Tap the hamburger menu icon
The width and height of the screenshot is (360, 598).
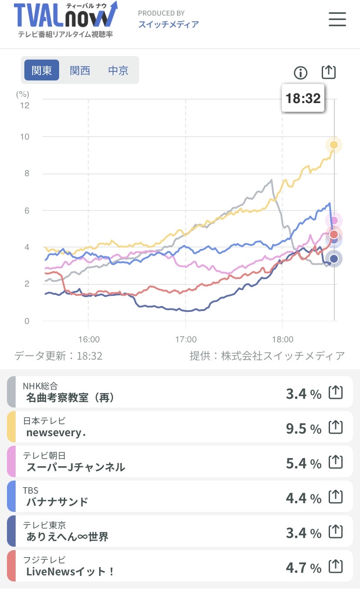tap(337, 19)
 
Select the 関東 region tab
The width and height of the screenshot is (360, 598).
tap(42, 70)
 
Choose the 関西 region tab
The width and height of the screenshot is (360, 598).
tap(80, 70)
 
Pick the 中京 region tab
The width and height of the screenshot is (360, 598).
tap(118, 70)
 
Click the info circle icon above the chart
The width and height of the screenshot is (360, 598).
tap(300, 73)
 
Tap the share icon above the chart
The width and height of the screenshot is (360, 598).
tap(329, 72)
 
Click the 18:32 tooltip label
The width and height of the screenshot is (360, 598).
tap(303, 98)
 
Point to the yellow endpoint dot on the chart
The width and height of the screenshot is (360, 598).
tap(334, 145)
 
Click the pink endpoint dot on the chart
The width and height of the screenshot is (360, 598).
tap(334, 220)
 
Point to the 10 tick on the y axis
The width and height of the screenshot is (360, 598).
tap(24, 137)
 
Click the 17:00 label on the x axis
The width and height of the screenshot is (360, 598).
tap(186, 339)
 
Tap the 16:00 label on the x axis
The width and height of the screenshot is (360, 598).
tap(89, 339)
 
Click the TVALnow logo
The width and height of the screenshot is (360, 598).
tap(65, 20)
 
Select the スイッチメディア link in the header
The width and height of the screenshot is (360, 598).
tap(168, 24)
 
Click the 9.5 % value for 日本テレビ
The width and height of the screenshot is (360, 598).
tap(303, 429)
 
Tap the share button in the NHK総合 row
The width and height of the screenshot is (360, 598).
tap(335, 393)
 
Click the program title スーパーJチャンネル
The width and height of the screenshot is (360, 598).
tap(76, 467)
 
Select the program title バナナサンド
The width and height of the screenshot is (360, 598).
tap(57, 502)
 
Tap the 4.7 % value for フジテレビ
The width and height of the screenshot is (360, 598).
tap(303, 568)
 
